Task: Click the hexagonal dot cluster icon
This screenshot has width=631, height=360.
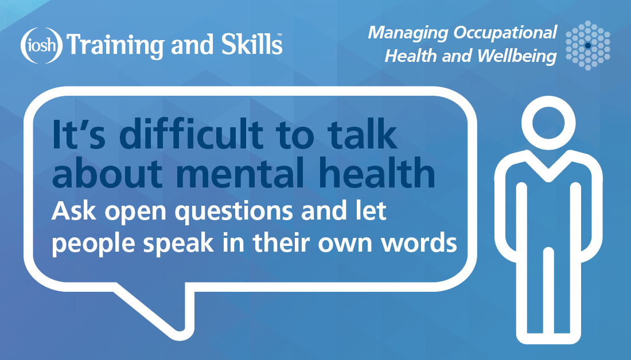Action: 588,44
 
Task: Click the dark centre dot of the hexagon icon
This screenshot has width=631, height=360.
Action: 588,44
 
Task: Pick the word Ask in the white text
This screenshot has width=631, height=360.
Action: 70,213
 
